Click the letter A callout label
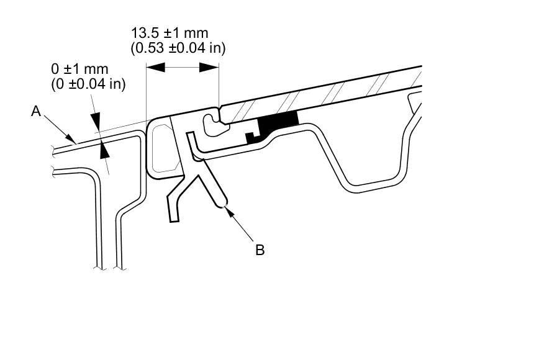click(36, 111)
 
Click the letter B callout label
click(260, 250)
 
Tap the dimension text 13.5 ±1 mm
click(170, 33)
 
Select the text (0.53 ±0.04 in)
click(178, 48)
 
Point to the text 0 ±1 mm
click(79, 69)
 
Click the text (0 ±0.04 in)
click(89, 84)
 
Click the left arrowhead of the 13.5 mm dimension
click(156, 67)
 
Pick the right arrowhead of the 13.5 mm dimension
click(209, 67)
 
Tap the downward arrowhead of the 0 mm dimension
click(95, 120)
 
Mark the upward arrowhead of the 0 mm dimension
click(104, 150)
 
